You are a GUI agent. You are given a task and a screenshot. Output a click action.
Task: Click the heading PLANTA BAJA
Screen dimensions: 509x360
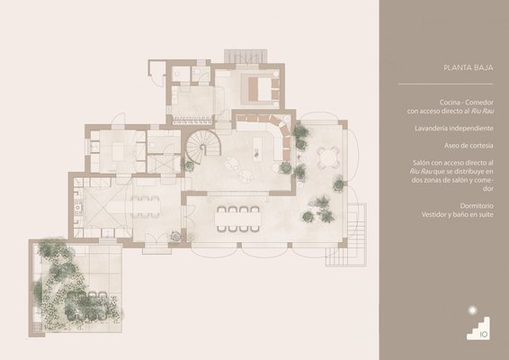[469, 67]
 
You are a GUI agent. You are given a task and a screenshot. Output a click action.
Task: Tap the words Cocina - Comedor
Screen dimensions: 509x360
[467, 103]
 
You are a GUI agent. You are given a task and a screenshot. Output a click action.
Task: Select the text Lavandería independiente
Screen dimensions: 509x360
[454, 129]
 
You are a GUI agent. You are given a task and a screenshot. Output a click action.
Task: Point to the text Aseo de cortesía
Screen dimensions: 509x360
[469, 146]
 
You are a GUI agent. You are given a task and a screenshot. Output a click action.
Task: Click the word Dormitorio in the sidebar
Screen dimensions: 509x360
[477, 206]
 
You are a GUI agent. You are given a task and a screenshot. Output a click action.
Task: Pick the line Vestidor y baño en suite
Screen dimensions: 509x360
[458, 214]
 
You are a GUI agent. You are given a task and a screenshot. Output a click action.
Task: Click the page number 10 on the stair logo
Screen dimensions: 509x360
[484, 334]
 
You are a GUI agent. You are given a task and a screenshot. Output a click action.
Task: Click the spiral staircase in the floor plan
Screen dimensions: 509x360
[203, 146]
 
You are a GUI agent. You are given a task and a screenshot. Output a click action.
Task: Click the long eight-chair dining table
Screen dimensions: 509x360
[238, 219]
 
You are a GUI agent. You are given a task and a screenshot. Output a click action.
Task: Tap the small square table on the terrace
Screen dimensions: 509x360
[328, 157]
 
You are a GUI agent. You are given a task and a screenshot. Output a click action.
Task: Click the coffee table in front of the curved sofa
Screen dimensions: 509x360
[257, 148]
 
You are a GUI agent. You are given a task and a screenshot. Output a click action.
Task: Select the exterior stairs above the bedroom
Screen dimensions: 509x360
[246, 56]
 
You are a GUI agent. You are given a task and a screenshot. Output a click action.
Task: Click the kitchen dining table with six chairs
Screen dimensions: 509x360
[146, 206]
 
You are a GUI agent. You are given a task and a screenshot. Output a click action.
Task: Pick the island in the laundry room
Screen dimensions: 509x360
[118, 152]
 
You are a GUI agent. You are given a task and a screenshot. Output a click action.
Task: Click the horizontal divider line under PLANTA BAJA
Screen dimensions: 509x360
[445, 84]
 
